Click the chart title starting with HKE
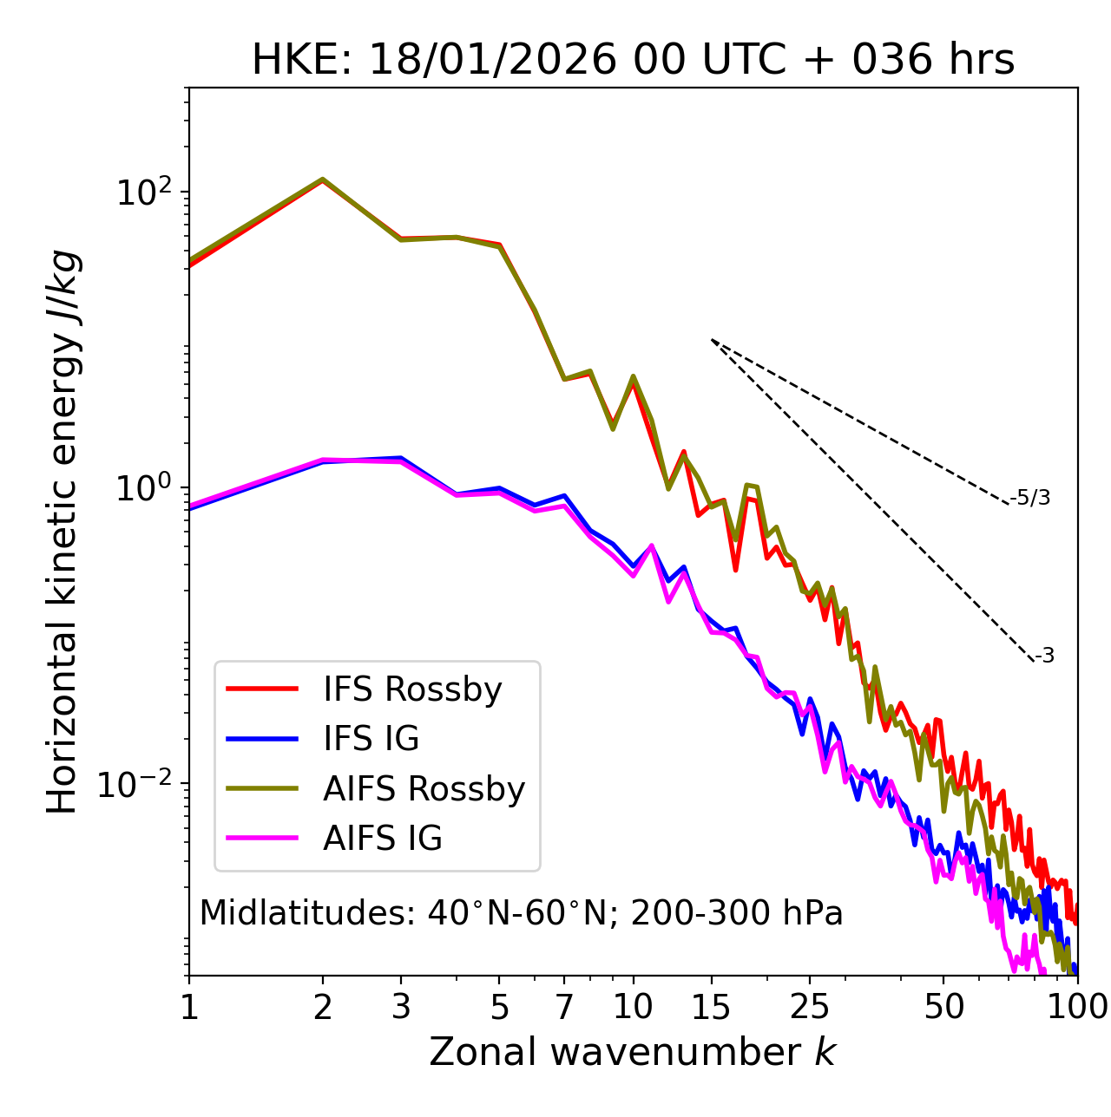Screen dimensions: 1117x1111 633,60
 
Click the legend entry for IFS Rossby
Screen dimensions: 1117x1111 412,689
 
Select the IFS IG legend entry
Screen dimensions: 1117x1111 371,739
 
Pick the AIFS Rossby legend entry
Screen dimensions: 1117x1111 424,789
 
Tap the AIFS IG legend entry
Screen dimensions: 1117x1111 382,839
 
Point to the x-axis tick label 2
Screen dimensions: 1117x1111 323,1007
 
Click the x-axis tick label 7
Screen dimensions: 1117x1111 565,1007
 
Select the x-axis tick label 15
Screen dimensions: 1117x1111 711,1007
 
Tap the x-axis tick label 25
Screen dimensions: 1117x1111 810,1007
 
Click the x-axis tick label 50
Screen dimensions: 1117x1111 944,1007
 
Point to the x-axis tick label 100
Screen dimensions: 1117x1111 1077,1007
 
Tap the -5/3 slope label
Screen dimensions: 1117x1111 1030,498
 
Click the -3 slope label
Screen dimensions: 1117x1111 1044,656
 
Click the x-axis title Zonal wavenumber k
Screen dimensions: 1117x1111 633,1052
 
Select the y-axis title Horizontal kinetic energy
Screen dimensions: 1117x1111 62,532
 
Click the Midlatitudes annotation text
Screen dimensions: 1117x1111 521,913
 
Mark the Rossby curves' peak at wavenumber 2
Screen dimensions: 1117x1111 323,180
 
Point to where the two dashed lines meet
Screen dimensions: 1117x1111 712,340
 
